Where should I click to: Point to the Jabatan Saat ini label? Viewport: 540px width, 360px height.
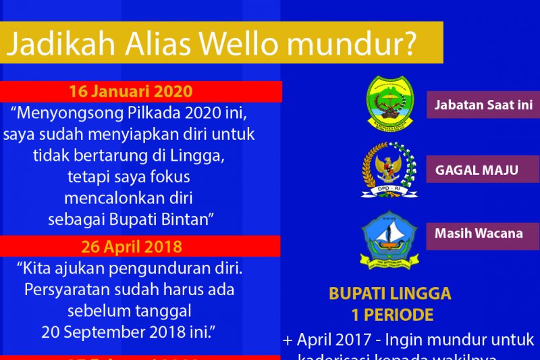coord(483,105)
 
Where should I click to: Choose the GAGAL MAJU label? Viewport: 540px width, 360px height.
coord(477,170)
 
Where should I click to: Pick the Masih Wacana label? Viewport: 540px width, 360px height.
coord(479,233)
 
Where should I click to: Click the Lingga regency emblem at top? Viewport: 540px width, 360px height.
coord(389,103)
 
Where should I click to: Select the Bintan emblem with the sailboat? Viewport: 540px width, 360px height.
coord(389,240)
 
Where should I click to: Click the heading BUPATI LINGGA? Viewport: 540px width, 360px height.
coord(390,294)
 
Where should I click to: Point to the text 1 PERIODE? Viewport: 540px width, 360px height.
coord(392,315)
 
